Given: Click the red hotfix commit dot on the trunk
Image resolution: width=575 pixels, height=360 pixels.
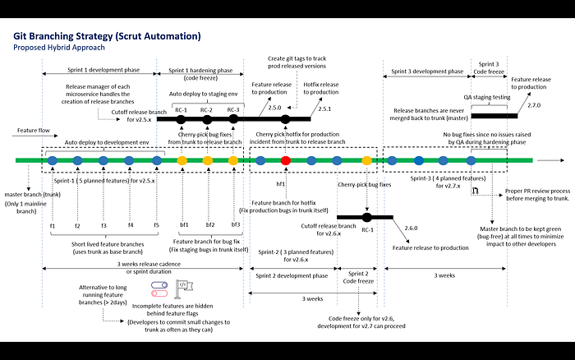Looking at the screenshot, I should [x=285, y=160].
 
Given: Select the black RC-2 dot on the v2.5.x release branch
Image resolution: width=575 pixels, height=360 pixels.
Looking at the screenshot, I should [x=207, y=119].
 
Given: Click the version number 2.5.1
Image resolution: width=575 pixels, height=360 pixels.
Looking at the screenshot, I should [x=324, y=108].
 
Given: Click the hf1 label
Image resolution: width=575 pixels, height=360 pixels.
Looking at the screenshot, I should [x=281, y=183].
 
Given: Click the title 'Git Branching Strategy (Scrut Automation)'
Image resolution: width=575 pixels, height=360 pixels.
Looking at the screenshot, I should [x=107, y=36].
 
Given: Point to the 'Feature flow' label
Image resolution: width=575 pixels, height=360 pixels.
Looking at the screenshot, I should [x=32, y=131].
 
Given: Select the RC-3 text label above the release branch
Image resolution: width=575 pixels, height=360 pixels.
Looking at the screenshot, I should [x=234, y=109].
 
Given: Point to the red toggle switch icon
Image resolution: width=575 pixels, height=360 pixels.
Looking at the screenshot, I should [x=159, y=293].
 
